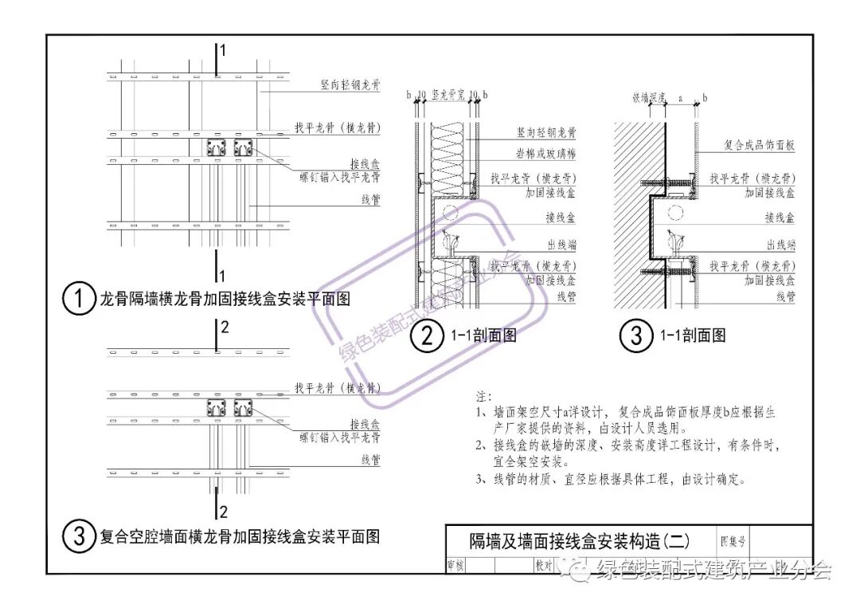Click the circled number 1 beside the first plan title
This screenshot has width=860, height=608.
pos(79,300)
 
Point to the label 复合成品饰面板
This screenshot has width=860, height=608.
pos(759,146)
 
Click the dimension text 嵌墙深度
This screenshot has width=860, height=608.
pos(649,97)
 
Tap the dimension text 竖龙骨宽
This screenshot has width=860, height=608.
pos(448,94)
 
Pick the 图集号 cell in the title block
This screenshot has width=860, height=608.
pos(733,541)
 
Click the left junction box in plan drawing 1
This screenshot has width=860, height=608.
pos(216,147)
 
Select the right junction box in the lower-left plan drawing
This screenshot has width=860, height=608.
pos(243,408)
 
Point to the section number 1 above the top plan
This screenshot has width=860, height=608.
pos(223,50)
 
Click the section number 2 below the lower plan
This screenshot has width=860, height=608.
pos(223,511)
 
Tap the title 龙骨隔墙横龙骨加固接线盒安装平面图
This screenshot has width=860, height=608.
pos(225,300)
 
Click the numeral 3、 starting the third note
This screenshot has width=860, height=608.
pos(481,480)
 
